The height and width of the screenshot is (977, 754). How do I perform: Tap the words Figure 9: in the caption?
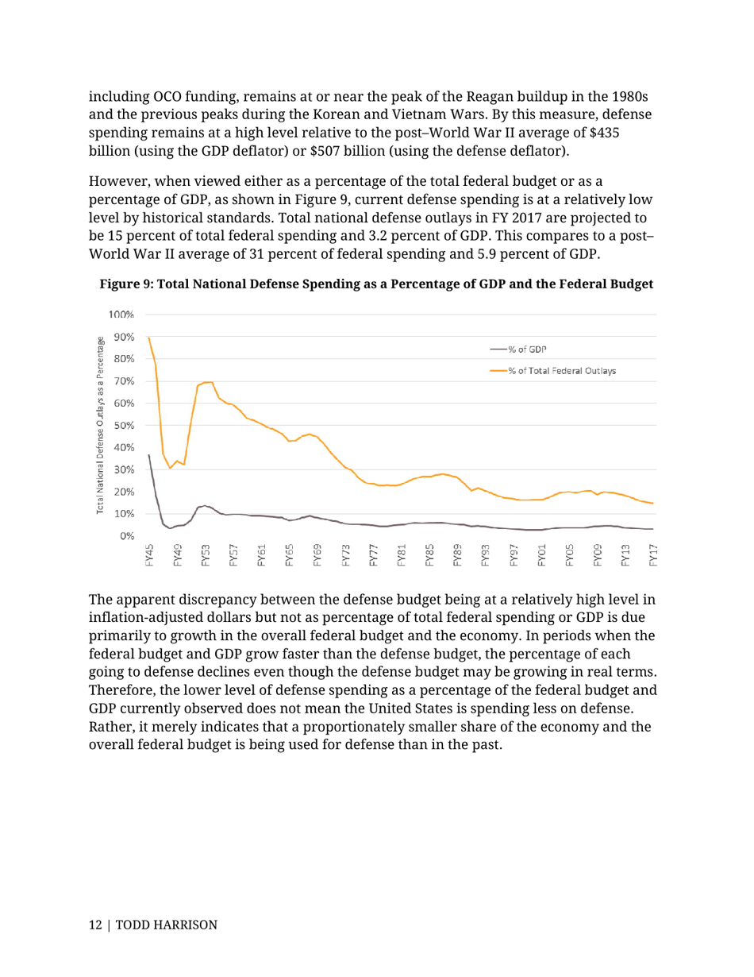click(125, 284)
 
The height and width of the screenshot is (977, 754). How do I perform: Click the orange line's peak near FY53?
click(208, 382)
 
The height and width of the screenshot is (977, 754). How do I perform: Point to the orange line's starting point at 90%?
click(149, 338)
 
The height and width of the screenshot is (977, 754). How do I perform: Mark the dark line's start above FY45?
click(149, 455)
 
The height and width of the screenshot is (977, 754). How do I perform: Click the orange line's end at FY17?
click(652, 503)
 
